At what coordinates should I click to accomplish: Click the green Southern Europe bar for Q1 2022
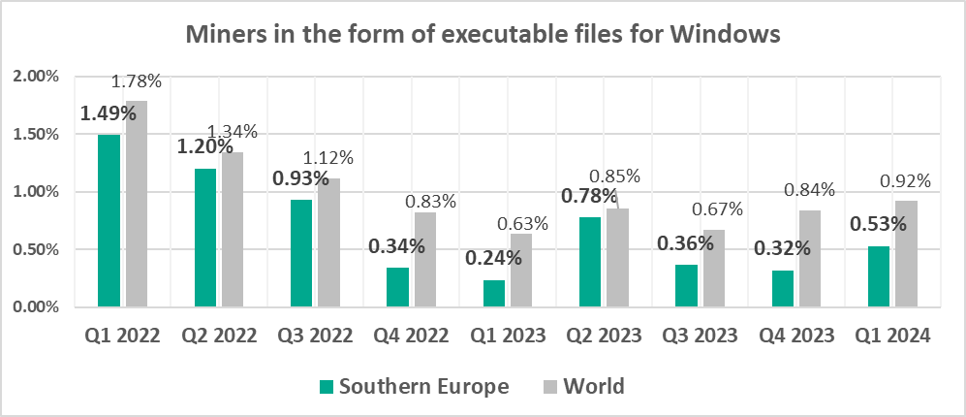tap(109, 220)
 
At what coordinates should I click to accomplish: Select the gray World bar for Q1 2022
tap(137, 204)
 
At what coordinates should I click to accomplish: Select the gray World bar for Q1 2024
tap(905, 254)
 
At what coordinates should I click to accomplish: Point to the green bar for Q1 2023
tap(494, 293)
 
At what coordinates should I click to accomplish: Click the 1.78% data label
tap(137, 81)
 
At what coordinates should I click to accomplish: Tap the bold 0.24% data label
tap(492, 259)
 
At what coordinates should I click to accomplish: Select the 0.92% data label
tap(906, 180)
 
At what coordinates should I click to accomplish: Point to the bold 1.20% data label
tap(204, 147)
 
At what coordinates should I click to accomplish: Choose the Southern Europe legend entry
tap(415, 386)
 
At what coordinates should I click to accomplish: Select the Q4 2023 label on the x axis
tap(797, 337)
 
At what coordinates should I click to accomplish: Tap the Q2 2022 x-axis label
tap(218, 337)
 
